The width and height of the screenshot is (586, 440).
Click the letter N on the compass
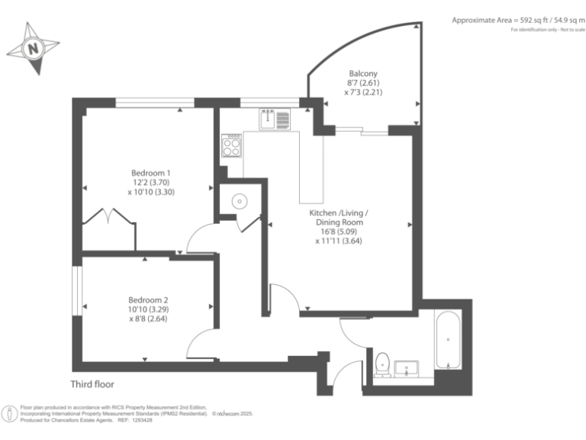point(34,49)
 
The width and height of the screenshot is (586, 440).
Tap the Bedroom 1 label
point(151,173)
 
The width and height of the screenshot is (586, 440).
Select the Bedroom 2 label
point(148,300)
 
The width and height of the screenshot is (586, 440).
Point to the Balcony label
point(363,73)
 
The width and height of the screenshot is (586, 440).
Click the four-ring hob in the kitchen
point(232,146)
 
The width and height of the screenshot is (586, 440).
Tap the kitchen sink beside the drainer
point(268,118)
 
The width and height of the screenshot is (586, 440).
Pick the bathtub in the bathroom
point(448,340)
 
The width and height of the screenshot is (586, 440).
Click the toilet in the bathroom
point(383,364)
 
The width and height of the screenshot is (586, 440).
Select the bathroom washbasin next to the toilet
point(407,369)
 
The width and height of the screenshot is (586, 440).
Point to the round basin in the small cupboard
point(240,202)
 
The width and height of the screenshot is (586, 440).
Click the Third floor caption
point(92,384)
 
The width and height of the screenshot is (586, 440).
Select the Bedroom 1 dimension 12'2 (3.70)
point(151,183)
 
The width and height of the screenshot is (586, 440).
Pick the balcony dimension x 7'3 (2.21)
point(363,92)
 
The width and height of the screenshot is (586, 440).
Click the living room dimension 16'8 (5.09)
point(339,231)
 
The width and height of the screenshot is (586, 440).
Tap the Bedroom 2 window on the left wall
point(77,291)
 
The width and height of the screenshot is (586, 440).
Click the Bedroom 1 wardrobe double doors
point(109,216)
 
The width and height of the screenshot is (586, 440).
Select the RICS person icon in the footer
point(9,414)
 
